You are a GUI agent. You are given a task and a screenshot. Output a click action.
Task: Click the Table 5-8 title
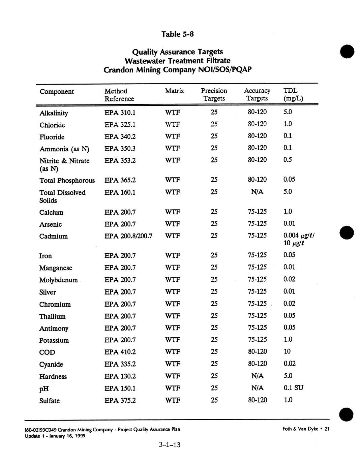[x=178, y=34]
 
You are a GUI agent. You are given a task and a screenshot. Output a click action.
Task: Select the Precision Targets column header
[x=214, y=95]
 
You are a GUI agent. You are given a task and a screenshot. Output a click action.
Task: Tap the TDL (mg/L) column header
[x=293, y=95]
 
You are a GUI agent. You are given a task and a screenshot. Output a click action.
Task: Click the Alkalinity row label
[x=54, y=113]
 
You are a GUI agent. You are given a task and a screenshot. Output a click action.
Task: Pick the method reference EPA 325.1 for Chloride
[x=120, y=125]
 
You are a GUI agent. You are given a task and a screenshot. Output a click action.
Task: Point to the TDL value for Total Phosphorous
[x=289, y=179]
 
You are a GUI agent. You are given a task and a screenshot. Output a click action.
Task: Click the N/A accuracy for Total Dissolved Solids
[x=257, y=192]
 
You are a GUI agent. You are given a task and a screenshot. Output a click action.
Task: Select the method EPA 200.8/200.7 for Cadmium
[x=128, y=236]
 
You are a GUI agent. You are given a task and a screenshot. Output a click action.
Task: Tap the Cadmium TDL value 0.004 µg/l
[x=299, y=236]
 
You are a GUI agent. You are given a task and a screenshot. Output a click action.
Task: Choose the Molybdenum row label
[x=58, y=280]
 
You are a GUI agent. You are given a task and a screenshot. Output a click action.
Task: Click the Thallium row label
[x=52, y=316]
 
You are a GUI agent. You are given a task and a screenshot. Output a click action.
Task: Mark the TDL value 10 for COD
[x=287, y=351]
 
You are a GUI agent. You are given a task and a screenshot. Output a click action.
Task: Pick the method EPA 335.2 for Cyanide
[x=120, y=364]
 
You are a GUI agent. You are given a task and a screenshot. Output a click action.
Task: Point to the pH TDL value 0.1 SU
[x=293, y=388]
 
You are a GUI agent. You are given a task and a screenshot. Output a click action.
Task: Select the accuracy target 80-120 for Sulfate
[x=257, y=400]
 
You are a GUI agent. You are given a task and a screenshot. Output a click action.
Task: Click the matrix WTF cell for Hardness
[x=173, y=376]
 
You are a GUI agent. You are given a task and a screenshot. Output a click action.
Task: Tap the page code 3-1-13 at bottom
[x=170, y=445]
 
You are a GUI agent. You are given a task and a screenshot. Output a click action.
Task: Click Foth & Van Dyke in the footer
[x=301, y=429]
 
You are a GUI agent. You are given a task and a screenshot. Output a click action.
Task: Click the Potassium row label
[x=54, y=340]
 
